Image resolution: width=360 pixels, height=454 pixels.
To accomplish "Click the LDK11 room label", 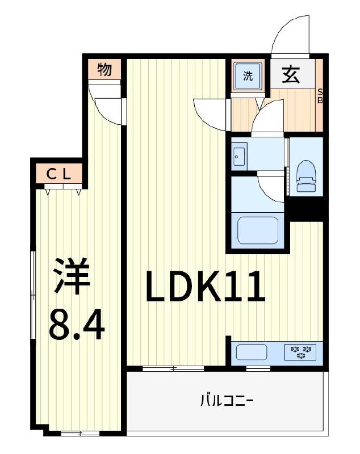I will click(206, 287).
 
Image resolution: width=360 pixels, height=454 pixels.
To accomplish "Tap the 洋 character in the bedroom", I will click(72, 276).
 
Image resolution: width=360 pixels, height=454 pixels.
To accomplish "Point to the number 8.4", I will click(77, 325).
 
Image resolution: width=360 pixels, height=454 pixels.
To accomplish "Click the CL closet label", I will click(58, 175).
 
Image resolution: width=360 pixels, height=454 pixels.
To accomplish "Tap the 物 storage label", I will click(104, 70).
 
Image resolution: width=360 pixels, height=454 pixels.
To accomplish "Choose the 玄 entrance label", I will click(291, 74).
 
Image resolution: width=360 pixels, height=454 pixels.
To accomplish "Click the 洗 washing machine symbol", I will click(248, 75).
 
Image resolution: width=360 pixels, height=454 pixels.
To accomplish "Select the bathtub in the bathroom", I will click(259, 230).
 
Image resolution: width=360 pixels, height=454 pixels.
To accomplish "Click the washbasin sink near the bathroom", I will click(238, 155).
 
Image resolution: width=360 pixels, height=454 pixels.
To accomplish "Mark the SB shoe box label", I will click(320, 96).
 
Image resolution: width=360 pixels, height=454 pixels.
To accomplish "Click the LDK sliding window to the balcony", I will click(173, 368).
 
